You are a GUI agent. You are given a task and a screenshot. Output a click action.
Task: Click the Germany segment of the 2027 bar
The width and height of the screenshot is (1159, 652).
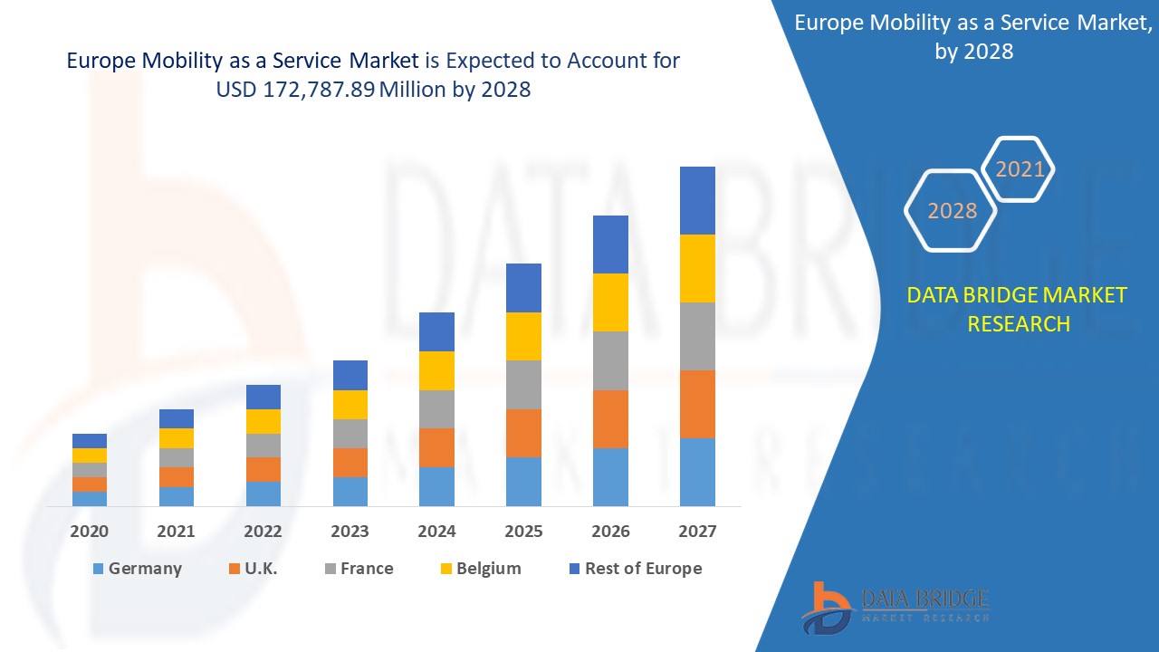coord(697,472)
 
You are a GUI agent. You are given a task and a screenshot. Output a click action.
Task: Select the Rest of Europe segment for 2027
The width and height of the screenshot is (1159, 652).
coord(697,200)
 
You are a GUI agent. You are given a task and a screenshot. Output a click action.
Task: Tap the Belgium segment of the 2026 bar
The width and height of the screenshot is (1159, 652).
coord(610,302)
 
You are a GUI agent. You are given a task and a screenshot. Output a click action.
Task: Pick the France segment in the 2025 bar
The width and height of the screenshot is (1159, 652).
coord(523,385)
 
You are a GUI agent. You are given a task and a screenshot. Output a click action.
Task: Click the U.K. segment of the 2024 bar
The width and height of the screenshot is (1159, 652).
coord(436,447)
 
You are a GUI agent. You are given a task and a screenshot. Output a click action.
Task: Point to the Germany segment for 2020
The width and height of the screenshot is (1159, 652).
coord(90,498)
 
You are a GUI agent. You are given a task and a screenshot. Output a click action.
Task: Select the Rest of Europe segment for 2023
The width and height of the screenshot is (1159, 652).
coord(350,375)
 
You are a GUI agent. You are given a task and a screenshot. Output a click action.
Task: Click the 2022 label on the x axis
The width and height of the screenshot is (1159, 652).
coord(263,532)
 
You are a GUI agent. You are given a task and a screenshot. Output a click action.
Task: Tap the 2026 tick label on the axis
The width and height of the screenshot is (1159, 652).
coord(610,532)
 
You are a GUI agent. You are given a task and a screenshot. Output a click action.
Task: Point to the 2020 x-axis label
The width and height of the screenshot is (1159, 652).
coord(90,532)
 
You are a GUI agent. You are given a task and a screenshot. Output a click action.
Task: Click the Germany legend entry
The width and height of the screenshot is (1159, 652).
coord(137,569)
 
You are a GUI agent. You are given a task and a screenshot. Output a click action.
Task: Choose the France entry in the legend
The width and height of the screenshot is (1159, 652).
coord(359,569)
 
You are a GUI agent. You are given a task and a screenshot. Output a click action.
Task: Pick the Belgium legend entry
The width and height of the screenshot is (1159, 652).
coord(480,569)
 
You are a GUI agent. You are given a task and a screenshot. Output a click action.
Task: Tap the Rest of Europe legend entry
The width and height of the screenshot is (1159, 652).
coord(634,569)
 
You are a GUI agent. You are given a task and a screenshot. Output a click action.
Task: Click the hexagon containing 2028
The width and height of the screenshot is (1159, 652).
coord(952,210)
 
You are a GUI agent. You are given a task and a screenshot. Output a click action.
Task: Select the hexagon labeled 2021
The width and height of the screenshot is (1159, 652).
coord(1020,169)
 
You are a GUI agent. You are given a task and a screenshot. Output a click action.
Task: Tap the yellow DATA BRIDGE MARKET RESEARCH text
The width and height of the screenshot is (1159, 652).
coord(1017,309)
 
